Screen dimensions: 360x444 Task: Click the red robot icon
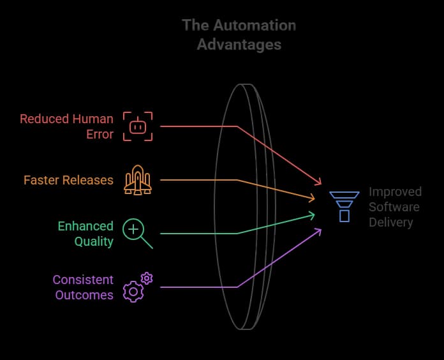click(138, 126)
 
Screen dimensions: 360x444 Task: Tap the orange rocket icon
click(138, 179)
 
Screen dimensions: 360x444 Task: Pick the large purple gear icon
click(133, 291)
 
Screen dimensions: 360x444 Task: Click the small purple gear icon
click(147, 278)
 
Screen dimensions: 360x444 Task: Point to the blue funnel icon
click(344, 206)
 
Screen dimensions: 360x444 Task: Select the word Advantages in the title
click(239, 45)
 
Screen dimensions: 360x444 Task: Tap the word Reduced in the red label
click(43, 119)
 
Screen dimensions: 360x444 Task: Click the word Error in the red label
click(100, 134)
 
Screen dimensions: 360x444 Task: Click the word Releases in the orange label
click(90, 180)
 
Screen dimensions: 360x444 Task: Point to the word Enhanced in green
click(85, 226)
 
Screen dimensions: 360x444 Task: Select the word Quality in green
click(93, 241)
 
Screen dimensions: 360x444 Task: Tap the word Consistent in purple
click(83, 280)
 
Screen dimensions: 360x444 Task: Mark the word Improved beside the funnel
click(395, 191)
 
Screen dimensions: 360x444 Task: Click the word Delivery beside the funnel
click(390, 222)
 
